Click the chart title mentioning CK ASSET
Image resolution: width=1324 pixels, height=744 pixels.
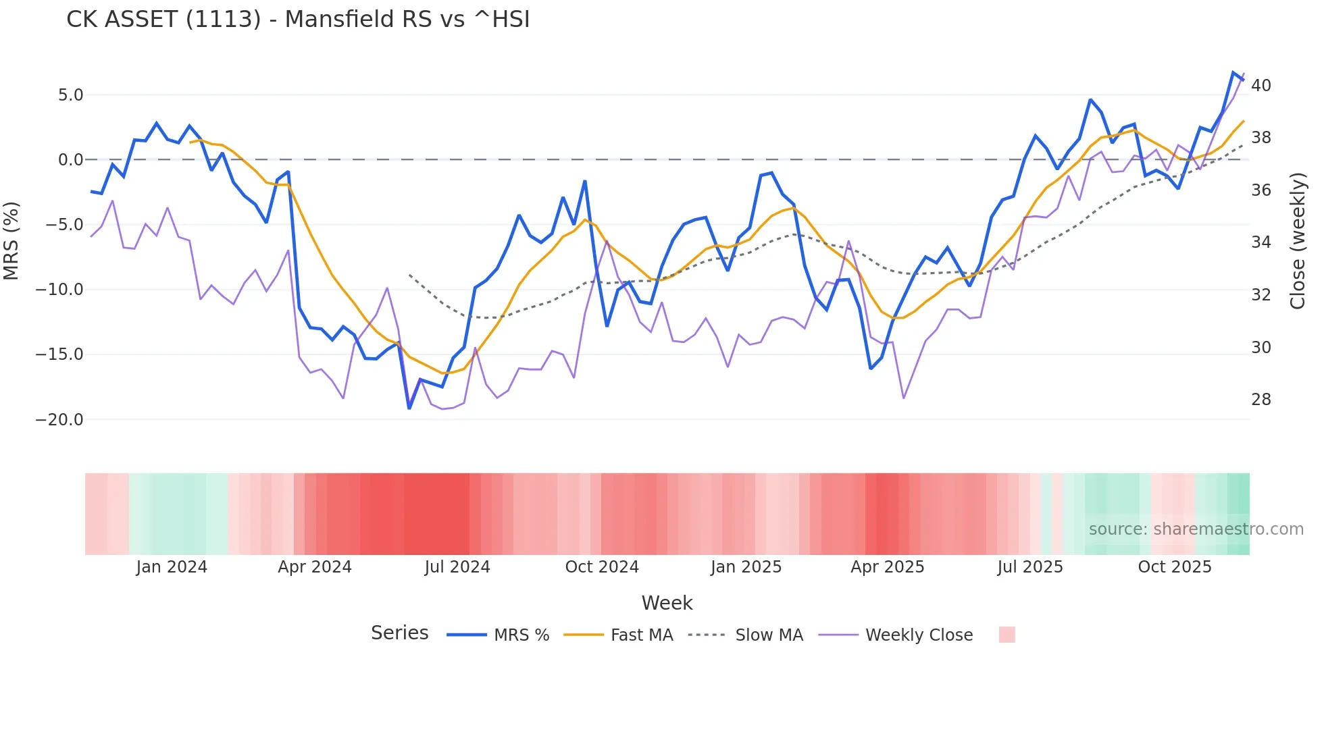click(x=298, y=20)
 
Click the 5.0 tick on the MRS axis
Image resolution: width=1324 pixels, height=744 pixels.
click(x=70, y=95)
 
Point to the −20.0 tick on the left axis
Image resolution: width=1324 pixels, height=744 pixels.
click(x=59, y=420)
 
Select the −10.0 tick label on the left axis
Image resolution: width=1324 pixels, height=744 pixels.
click(x=59, y=290)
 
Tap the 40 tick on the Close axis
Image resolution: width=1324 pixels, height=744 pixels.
click(x=1261, y=86)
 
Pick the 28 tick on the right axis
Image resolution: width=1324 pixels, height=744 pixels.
click(x=1261, y=400)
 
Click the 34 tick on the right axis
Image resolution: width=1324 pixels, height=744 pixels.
click(x=1261, y=242)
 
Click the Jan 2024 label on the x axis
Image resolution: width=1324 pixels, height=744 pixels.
click(x=172, y=567)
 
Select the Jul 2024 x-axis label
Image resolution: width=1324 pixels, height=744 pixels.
click(x=457, y=567)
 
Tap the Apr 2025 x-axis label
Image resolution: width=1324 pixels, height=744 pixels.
click(x=887, y=567)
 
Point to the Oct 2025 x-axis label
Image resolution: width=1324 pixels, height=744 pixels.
click(x=1175, y=567)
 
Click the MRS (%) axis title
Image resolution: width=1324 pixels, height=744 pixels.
click(x=11, y=241)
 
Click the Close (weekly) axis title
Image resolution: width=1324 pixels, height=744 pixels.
click(x=1298, y=241)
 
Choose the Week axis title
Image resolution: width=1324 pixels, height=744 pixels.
click(x=667, y=603)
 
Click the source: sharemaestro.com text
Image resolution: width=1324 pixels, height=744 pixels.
click(x=1196, y=529)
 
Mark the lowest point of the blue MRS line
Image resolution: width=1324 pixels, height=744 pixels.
click(x=409, y=408)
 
